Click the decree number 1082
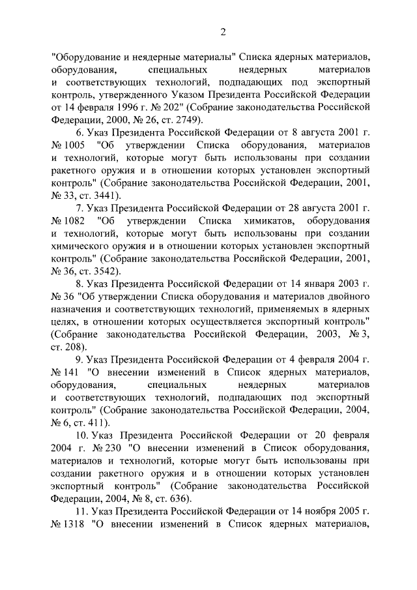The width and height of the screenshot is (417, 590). (76, 220)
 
